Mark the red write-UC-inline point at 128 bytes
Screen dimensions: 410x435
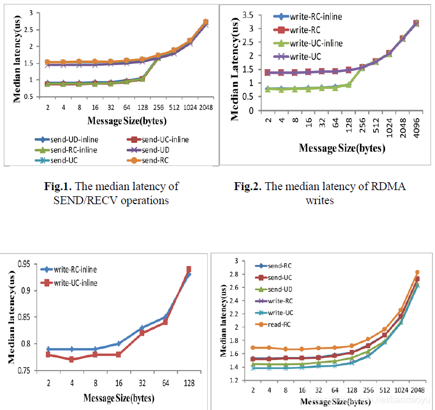click(x=189, y=269)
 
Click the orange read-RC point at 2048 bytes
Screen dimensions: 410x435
click(x=416, y=272)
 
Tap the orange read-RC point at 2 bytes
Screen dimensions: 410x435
click(x=254, y=348)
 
